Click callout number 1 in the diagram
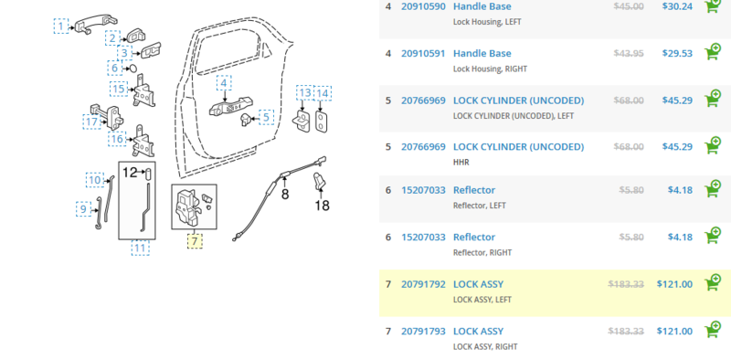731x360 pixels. tap(61, 26)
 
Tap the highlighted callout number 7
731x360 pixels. tap(194, 241)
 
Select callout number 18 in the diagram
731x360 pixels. tap(323, 206)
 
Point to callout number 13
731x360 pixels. tap(304, 93)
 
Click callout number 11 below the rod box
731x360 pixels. tap(140, 247)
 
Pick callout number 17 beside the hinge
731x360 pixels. tap(92, 122)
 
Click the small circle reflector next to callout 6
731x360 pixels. tap(133, 69)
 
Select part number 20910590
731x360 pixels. tap(423, 6)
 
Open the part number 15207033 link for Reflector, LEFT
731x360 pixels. tap(423, 190)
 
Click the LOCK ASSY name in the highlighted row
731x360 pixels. tap(478, 284)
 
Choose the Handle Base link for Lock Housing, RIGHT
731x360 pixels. tap(482, 53)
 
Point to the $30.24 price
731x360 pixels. tap(677, 6)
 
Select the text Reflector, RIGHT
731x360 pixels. tap(481, 253)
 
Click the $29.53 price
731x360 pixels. tap(677, 53)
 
